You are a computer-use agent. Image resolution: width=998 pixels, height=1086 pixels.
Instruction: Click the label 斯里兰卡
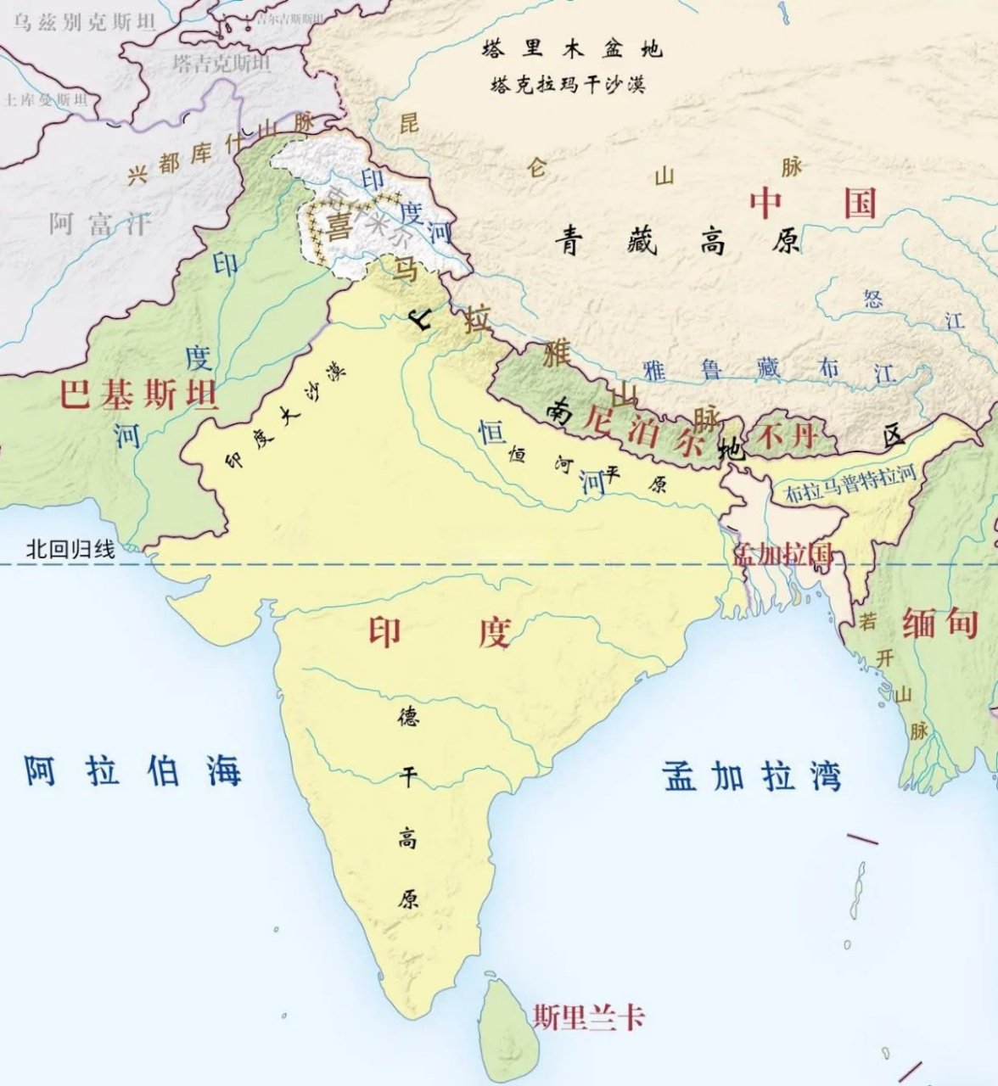tap(588, 1016)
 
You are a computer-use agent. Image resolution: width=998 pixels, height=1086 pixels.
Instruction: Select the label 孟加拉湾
tap(752, 776)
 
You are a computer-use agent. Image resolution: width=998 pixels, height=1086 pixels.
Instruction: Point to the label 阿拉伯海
tap(132, 770)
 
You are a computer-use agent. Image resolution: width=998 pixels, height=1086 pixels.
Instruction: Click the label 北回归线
tap(70, 549)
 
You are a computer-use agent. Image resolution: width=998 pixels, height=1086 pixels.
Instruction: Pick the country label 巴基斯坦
tap(138, 395)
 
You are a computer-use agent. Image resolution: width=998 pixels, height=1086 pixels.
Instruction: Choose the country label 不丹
tap(787, 436)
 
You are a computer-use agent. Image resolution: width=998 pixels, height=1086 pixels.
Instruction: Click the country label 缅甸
tap(939, 624)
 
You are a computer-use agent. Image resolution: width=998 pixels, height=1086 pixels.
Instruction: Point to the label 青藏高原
tap(677, 243)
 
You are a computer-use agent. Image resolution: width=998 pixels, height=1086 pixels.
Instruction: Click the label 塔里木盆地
tap(570, 48)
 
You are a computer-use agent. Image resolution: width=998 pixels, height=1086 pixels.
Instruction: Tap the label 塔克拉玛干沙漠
tap(567, 85)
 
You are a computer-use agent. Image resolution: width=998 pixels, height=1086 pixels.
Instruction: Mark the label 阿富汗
tap(99, 224)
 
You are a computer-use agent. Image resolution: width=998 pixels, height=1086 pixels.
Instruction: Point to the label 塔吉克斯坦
tap(221, 63)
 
